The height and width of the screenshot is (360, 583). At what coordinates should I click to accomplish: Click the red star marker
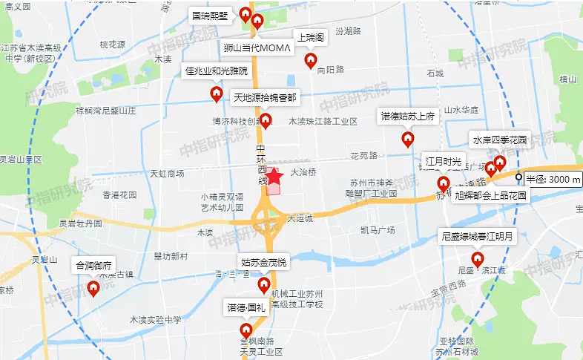(x=274, y=177)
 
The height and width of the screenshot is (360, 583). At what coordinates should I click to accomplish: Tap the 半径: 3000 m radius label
(x=553, y=179)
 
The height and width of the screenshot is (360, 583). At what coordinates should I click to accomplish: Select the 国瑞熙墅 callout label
(x=211, y=15)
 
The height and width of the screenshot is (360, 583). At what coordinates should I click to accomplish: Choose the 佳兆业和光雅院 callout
(x=216, y=71)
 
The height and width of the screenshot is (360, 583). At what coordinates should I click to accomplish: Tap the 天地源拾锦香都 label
(x=265, y=97)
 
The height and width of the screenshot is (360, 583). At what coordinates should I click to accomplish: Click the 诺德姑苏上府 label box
(x=407, y=117)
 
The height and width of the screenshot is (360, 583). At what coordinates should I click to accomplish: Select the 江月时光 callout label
(x=444, y=161)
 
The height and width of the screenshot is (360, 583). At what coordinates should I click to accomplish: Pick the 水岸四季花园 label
(x=499, y=140)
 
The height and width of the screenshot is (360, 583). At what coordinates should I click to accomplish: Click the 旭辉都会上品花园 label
(x=490, y=196)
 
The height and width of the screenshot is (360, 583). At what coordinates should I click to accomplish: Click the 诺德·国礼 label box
(x=246, y=306)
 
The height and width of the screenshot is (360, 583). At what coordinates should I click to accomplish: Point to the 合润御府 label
(x=93, y=264)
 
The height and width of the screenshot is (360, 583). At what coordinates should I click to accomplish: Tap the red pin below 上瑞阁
(x=312, y=59)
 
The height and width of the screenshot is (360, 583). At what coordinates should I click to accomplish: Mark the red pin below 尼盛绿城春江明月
(x=478, y=259)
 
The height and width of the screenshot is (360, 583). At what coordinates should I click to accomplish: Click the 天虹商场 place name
(x=167, y=174)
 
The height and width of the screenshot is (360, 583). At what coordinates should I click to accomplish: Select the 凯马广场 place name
(x=377, y=230)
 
